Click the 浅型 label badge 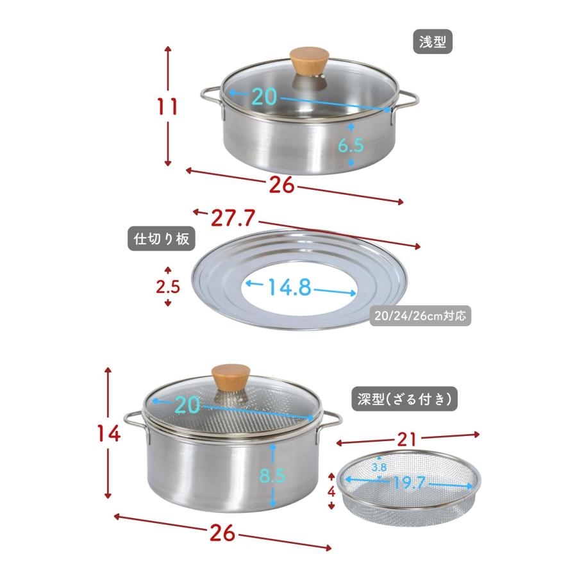tap(432, 42)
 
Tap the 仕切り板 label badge tap(161, 239)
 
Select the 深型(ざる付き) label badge tap(405, 399)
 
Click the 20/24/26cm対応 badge tap(420, 315)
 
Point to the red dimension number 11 tap(167, 106)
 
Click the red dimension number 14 tap(109, 433)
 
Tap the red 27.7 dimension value tap(233, 218)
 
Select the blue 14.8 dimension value tap(290, 287)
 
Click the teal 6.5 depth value tap(351, 146)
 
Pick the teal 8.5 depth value tap(272, 475)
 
